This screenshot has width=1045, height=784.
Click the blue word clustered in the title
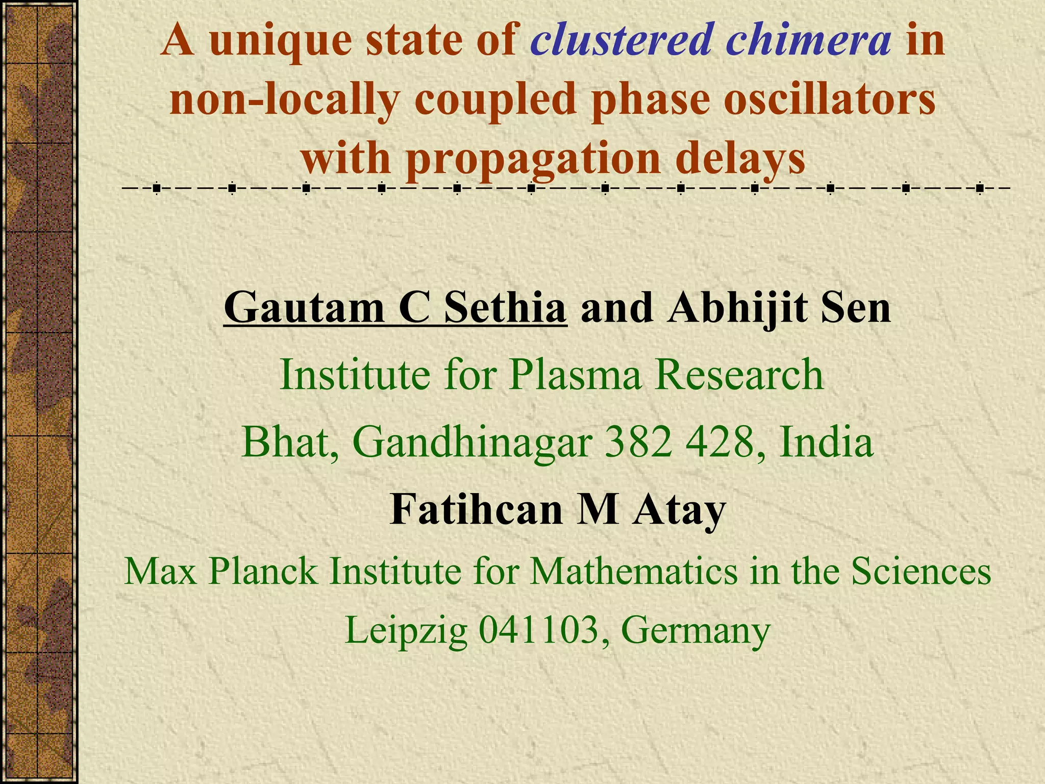click(x=620, y=41)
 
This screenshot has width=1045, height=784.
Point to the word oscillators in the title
click(x=829, y=100)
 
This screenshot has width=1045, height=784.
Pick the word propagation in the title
click(x=535, y=159)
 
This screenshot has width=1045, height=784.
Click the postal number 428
click(x=725, y=442)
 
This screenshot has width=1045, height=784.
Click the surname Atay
click(x=679, y=511)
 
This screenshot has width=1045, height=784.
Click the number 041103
click(x=539, y=631)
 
